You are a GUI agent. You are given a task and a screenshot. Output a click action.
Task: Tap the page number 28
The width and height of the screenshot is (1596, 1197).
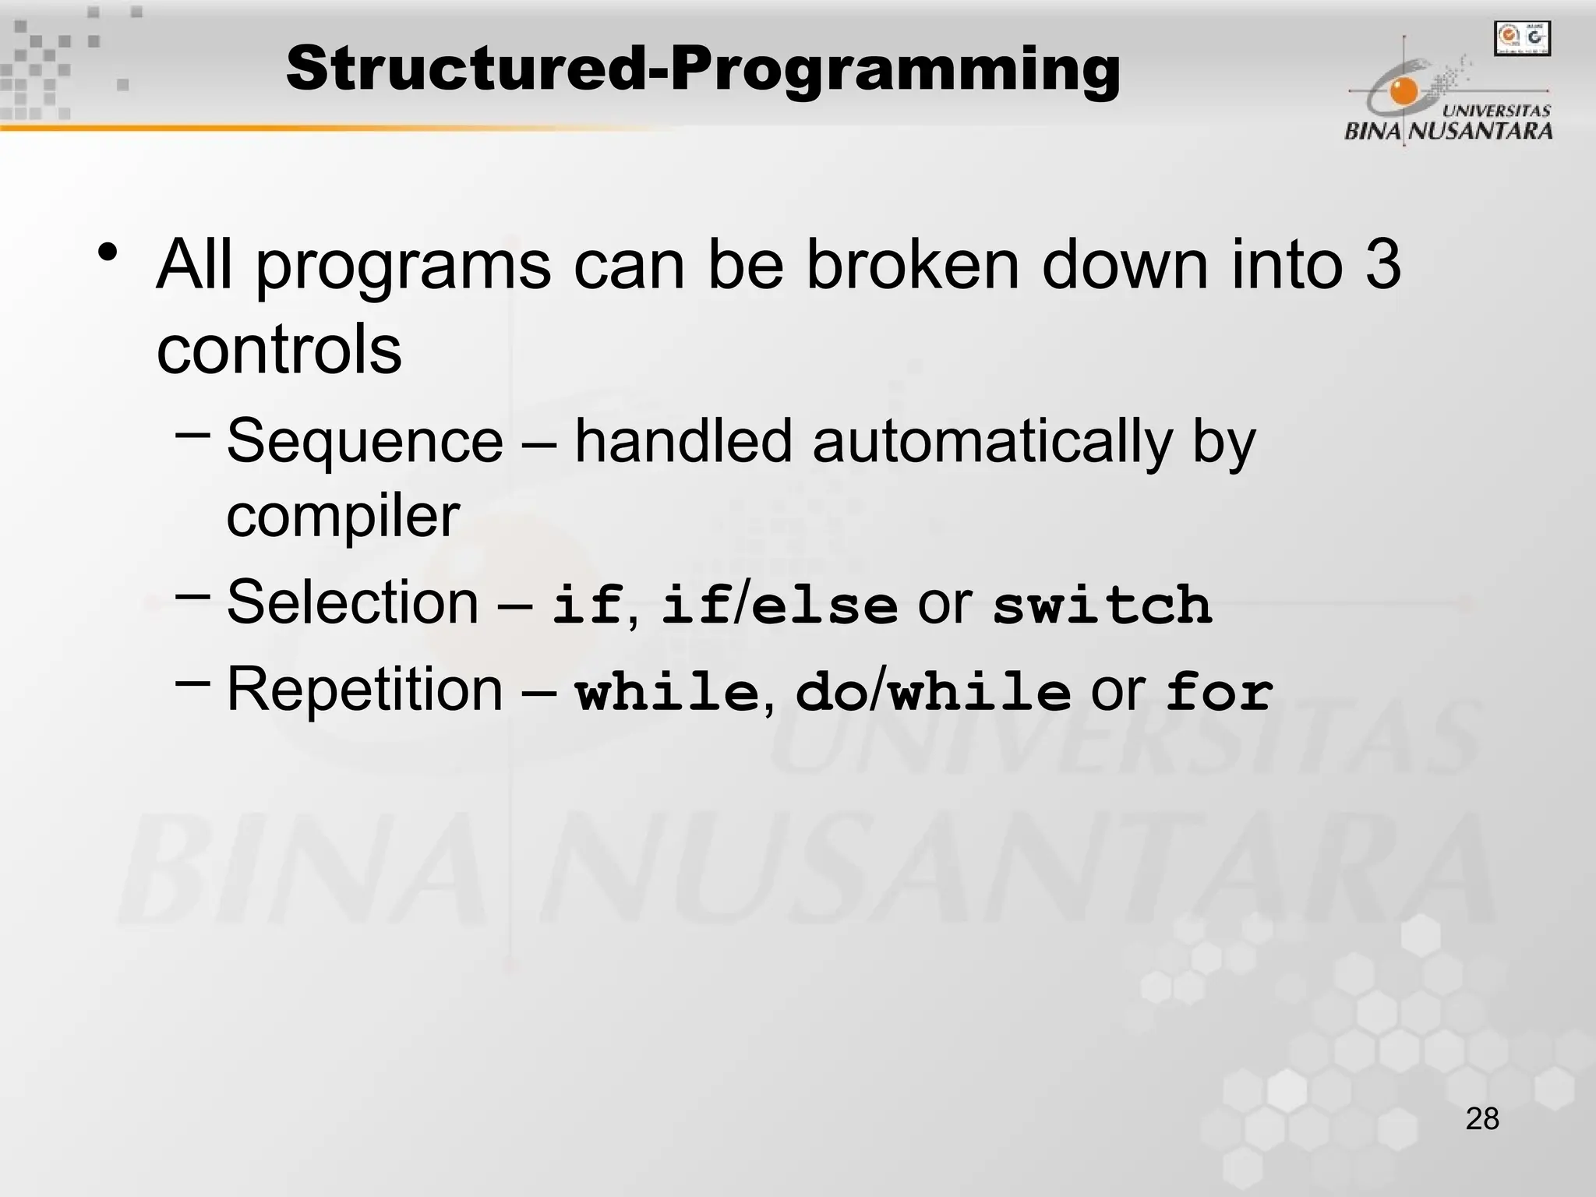[1482, 1119]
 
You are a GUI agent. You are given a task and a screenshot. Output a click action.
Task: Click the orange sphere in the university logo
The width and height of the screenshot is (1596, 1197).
[1405, 92]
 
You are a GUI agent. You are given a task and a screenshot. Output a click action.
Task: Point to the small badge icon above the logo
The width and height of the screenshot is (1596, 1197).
[1522, 38]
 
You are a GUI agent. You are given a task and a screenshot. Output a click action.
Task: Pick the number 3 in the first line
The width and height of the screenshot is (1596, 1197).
[1383, 265]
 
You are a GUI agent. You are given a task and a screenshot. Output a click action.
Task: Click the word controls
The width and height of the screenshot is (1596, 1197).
[279, 349]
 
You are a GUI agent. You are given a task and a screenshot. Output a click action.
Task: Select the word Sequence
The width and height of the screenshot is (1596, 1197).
[365, 441]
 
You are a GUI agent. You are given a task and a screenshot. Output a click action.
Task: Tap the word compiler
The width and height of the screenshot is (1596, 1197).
[343, 516]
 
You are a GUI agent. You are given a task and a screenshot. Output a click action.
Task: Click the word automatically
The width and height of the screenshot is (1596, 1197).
[991, 441]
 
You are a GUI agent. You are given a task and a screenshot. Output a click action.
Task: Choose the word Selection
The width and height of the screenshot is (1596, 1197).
[352, 602]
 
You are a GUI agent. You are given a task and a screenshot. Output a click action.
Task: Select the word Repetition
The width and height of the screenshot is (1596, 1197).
[365, 689]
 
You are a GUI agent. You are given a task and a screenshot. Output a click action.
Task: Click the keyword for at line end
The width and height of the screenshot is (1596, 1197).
[1219, 692]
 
